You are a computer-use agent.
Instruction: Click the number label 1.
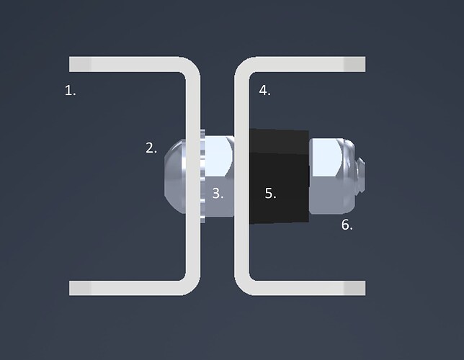point(70,90)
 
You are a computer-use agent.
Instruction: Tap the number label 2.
point(151,148)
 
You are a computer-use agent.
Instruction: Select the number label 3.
point(218,194)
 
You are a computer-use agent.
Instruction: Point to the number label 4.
point(265,90)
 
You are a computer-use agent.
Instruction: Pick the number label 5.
point(270,194)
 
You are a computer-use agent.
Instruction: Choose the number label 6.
point(347,225)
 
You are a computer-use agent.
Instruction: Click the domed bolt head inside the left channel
point(175,176)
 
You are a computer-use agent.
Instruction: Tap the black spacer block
point(280,176)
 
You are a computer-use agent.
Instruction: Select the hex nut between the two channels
point(220,176)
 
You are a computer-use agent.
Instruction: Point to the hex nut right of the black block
point(331,176)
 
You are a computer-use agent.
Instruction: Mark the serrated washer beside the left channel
point(202,176)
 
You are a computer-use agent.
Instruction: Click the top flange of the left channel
point(124,64)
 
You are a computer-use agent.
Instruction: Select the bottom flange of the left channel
point(124,288)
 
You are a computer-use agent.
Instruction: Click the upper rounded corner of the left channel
point(192,66)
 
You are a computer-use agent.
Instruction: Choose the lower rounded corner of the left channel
point(192,286)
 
